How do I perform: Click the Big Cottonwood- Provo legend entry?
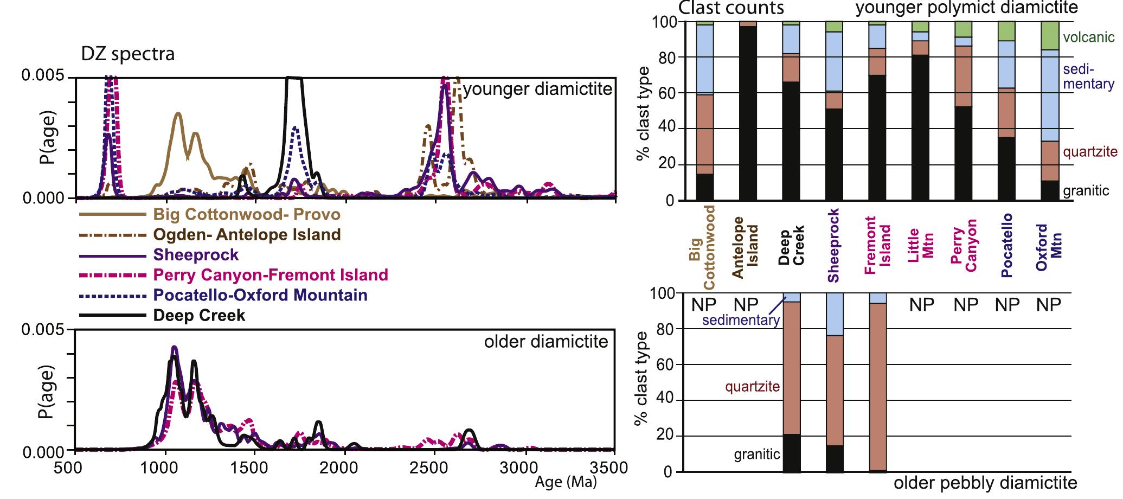(247, 214)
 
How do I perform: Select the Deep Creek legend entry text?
(199, 315)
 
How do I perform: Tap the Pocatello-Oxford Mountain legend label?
(260, 295)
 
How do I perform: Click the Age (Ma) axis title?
(566, 482)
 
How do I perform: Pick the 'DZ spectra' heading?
(128, 54)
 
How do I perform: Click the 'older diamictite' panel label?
(546, 342)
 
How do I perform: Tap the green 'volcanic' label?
(1089, 37)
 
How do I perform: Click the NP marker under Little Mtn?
(922, 305)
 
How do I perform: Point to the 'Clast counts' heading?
(731, 8)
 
